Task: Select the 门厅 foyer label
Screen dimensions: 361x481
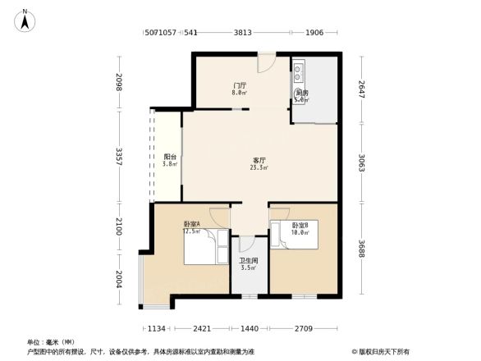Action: point(239,89)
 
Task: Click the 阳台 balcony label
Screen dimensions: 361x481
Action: point(169,161)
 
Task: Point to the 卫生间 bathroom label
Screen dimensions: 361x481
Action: point(249,264)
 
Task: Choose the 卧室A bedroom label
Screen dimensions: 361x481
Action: point(191,227)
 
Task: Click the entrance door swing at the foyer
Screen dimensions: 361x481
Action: point(267,63)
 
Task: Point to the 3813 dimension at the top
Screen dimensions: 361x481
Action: point(242,34)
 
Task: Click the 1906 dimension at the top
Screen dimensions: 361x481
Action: point(314,34)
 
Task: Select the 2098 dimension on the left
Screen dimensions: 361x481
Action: point(120,82)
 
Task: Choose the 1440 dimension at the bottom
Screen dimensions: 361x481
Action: point(250,328)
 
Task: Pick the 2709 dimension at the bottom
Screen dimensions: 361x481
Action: point(303,328)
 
